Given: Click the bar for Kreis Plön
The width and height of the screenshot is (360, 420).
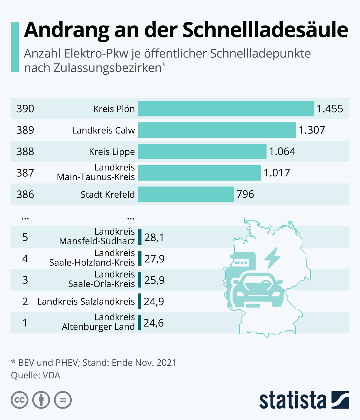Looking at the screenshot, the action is click(226, 109).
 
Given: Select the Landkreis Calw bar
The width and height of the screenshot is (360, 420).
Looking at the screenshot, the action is click(217, 130).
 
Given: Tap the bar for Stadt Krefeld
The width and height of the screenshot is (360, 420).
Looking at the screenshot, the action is click(186, 194).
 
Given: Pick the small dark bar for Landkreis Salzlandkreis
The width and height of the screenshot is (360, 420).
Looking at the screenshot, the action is click(139, 301).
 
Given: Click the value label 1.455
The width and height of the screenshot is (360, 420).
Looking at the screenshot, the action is click(330, 109).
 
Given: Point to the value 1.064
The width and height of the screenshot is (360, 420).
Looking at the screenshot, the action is click(282, 151).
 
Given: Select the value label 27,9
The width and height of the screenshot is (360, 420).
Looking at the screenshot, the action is click(154, 259).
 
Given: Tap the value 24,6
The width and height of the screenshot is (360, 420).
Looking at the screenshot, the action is click(153, 323).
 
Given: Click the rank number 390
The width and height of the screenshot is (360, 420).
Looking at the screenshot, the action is click(25, 109).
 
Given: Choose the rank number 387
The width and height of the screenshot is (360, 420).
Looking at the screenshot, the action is click(25, 173).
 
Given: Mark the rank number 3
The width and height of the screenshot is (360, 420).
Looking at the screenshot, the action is click(25, 280).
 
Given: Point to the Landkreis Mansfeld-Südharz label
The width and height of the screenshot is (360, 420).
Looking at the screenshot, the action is click(97, 236).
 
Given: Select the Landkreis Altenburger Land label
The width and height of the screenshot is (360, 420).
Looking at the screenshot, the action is click(98, 322).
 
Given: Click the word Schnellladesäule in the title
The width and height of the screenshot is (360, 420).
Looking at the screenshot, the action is click(265, 30).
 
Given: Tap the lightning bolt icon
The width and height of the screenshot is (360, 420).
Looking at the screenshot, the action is click(272, 258).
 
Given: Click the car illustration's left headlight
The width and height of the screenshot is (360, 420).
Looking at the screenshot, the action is click(240, 294).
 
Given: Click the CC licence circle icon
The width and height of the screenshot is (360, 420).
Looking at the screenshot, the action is click(19, 400).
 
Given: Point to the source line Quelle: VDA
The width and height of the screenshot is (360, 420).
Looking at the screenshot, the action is click(36, 376).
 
